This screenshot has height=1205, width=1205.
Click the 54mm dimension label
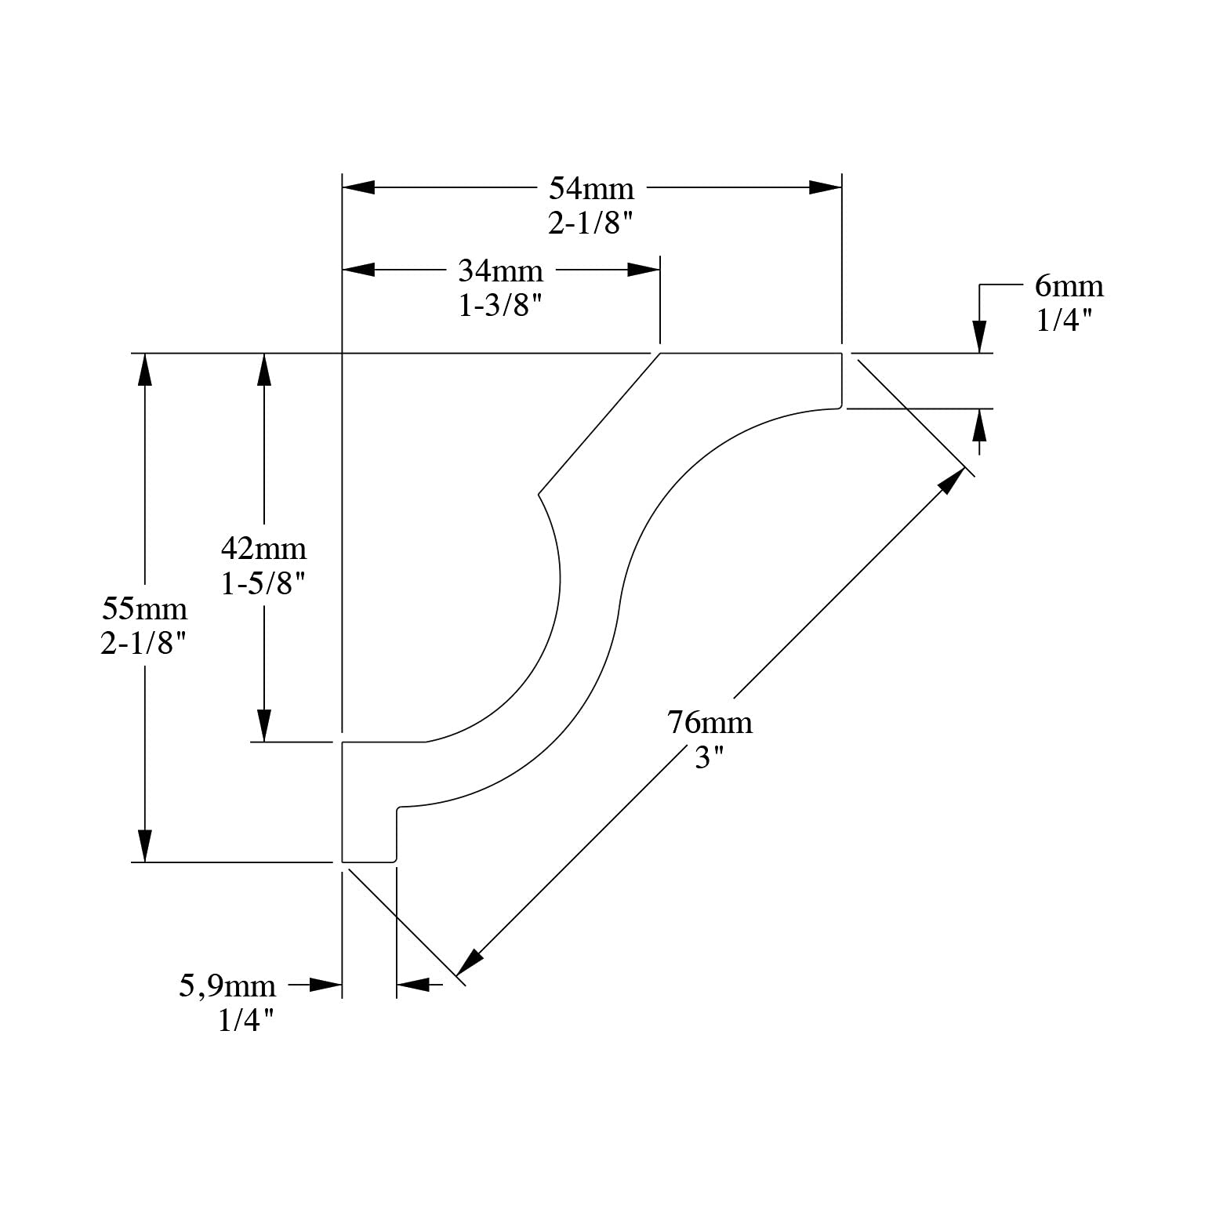point(591,189)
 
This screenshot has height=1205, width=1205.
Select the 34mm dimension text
point(500,271)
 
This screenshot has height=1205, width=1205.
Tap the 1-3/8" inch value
point(500,305)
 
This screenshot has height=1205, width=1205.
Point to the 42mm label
point(263,548)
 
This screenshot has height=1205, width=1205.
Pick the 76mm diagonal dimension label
point(710,722)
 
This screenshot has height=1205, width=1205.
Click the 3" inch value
point(709,757)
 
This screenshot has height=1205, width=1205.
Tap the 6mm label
point(1069,286)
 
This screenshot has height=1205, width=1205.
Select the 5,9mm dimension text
point(227,985)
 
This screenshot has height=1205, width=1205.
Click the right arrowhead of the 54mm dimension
point(826,187)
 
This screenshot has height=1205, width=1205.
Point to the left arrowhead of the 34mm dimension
point(359,270)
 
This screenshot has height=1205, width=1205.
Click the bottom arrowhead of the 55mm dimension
point(144,846)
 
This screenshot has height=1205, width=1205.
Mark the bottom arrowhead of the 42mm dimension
point(264,725)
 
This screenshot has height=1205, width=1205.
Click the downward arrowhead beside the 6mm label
point(979,336)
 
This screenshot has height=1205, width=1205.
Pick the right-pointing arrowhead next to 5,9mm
point(326,984)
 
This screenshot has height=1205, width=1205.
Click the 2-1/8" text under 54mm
point(590,224)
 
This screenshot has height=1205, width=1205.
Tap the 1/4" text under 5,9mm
point(246,1020)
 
